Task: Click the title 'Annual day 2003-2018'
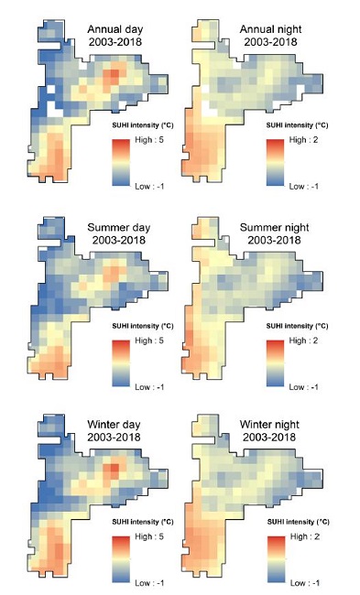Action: (121, 35)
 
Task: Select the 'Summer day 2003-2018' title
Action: (120, 233)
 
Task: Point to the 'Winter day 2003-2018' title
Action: (120, 429)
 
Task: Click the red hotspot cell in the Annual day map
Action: (113, 73)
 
